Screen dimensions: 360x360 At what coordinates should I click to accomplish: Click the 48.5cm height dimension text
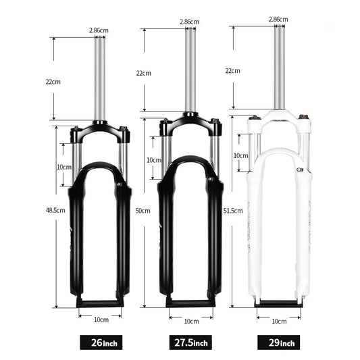click(x=55, y=210)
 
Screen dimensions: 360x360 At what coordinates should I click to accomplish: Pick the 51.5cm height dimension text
click(x=232, y=211)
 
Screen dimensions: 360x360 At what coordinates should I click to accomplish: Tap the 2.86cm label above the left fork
click(x=99, y=31)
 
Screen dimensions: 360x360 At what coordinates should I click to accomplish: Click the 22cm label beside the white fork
click(x=232, y=70)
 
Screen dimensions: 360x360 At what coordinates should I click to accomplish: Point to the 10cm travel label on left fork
click(x=64, y=166)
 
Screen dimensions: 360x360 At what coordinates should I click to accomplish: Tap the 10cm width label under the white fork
click(x=278, y=322)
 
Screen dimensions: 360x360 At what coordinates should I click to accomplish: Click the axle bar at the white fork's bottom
click(x=278, y=304)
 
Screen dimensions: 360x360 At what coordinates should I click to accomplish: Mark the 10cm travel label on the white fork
click(x=240, y=155)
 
